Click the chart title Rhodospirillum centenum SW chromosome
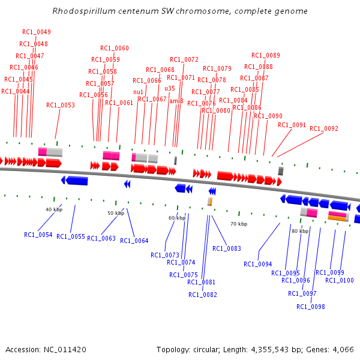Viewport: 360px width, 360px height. [180, 11]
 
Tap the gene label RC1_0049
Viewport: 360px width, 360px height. [37, 32]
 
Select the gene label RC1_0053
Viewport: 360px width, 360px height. [61, 106]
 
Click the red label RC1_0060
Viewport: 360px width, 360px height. [114, 49]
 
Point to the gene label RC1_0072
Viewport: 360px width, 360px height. [184, 60]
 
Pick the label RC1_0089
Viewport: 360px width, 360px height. [265, 55]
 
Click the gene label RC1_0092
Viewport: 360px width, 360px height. [324, 128]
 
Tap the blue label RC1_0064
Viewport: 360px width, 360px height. [134, 241]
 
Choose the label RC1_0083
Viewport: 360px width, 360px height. [227, 248]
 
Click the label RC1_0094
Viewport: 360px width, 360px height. [258, 264]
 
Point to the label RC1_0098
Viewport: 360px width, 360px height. [311, 307]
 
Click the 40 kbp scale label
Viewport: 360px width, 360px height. [54, 209]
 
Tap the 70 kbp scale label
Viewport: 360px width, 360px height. [239, 224]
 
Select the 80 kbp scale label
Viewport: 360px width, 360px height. [299, 231]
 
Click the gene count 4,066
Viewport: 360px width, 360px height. [343, 349]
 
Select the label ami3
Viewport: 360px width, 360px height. [176, 101]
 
